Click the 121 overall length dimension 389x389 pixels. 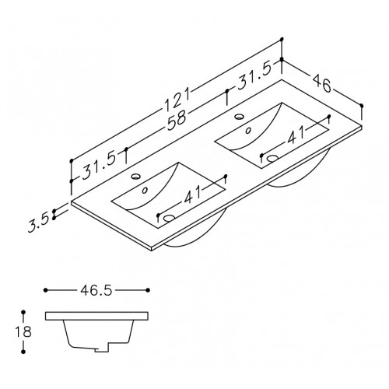pos(177,100)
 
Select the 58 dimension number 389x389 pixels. pos(177,121)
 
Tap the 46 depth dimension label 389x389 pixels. pos(322,83)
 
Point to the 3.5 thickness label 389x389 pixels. pos(39,223)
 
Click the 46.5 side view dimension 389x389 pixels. pos(96,290)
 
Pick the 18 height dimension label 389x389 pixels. pos(23,331)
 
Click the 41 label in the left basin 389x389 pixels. pos(193,194)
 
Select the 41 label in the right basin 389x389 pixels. pos(296,135)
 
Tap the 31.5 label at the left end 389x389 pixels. pos(99,166)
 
